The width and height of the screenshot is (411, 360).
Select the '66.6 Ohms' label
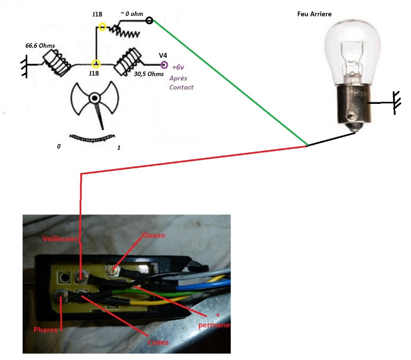[x=40, y=46]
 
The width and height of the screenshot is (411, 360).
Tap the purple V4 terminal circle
[x=164, y=65]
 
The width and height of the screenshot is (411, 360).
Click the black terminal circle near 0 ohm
[x=150, y=21]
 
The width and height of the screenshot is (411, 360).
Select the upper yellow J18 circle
[x=102, y=27]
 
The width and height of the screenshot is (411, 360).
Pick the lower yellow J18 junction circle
[x=96, y=64]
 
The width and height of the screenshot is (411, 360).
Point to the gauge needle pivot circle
[x=95, y=98]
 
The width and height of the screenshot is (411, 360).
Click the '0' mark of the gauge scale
[x=59, y=147]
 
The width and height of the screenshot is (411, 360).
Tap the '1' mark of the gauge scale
[x=119, y=148]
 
